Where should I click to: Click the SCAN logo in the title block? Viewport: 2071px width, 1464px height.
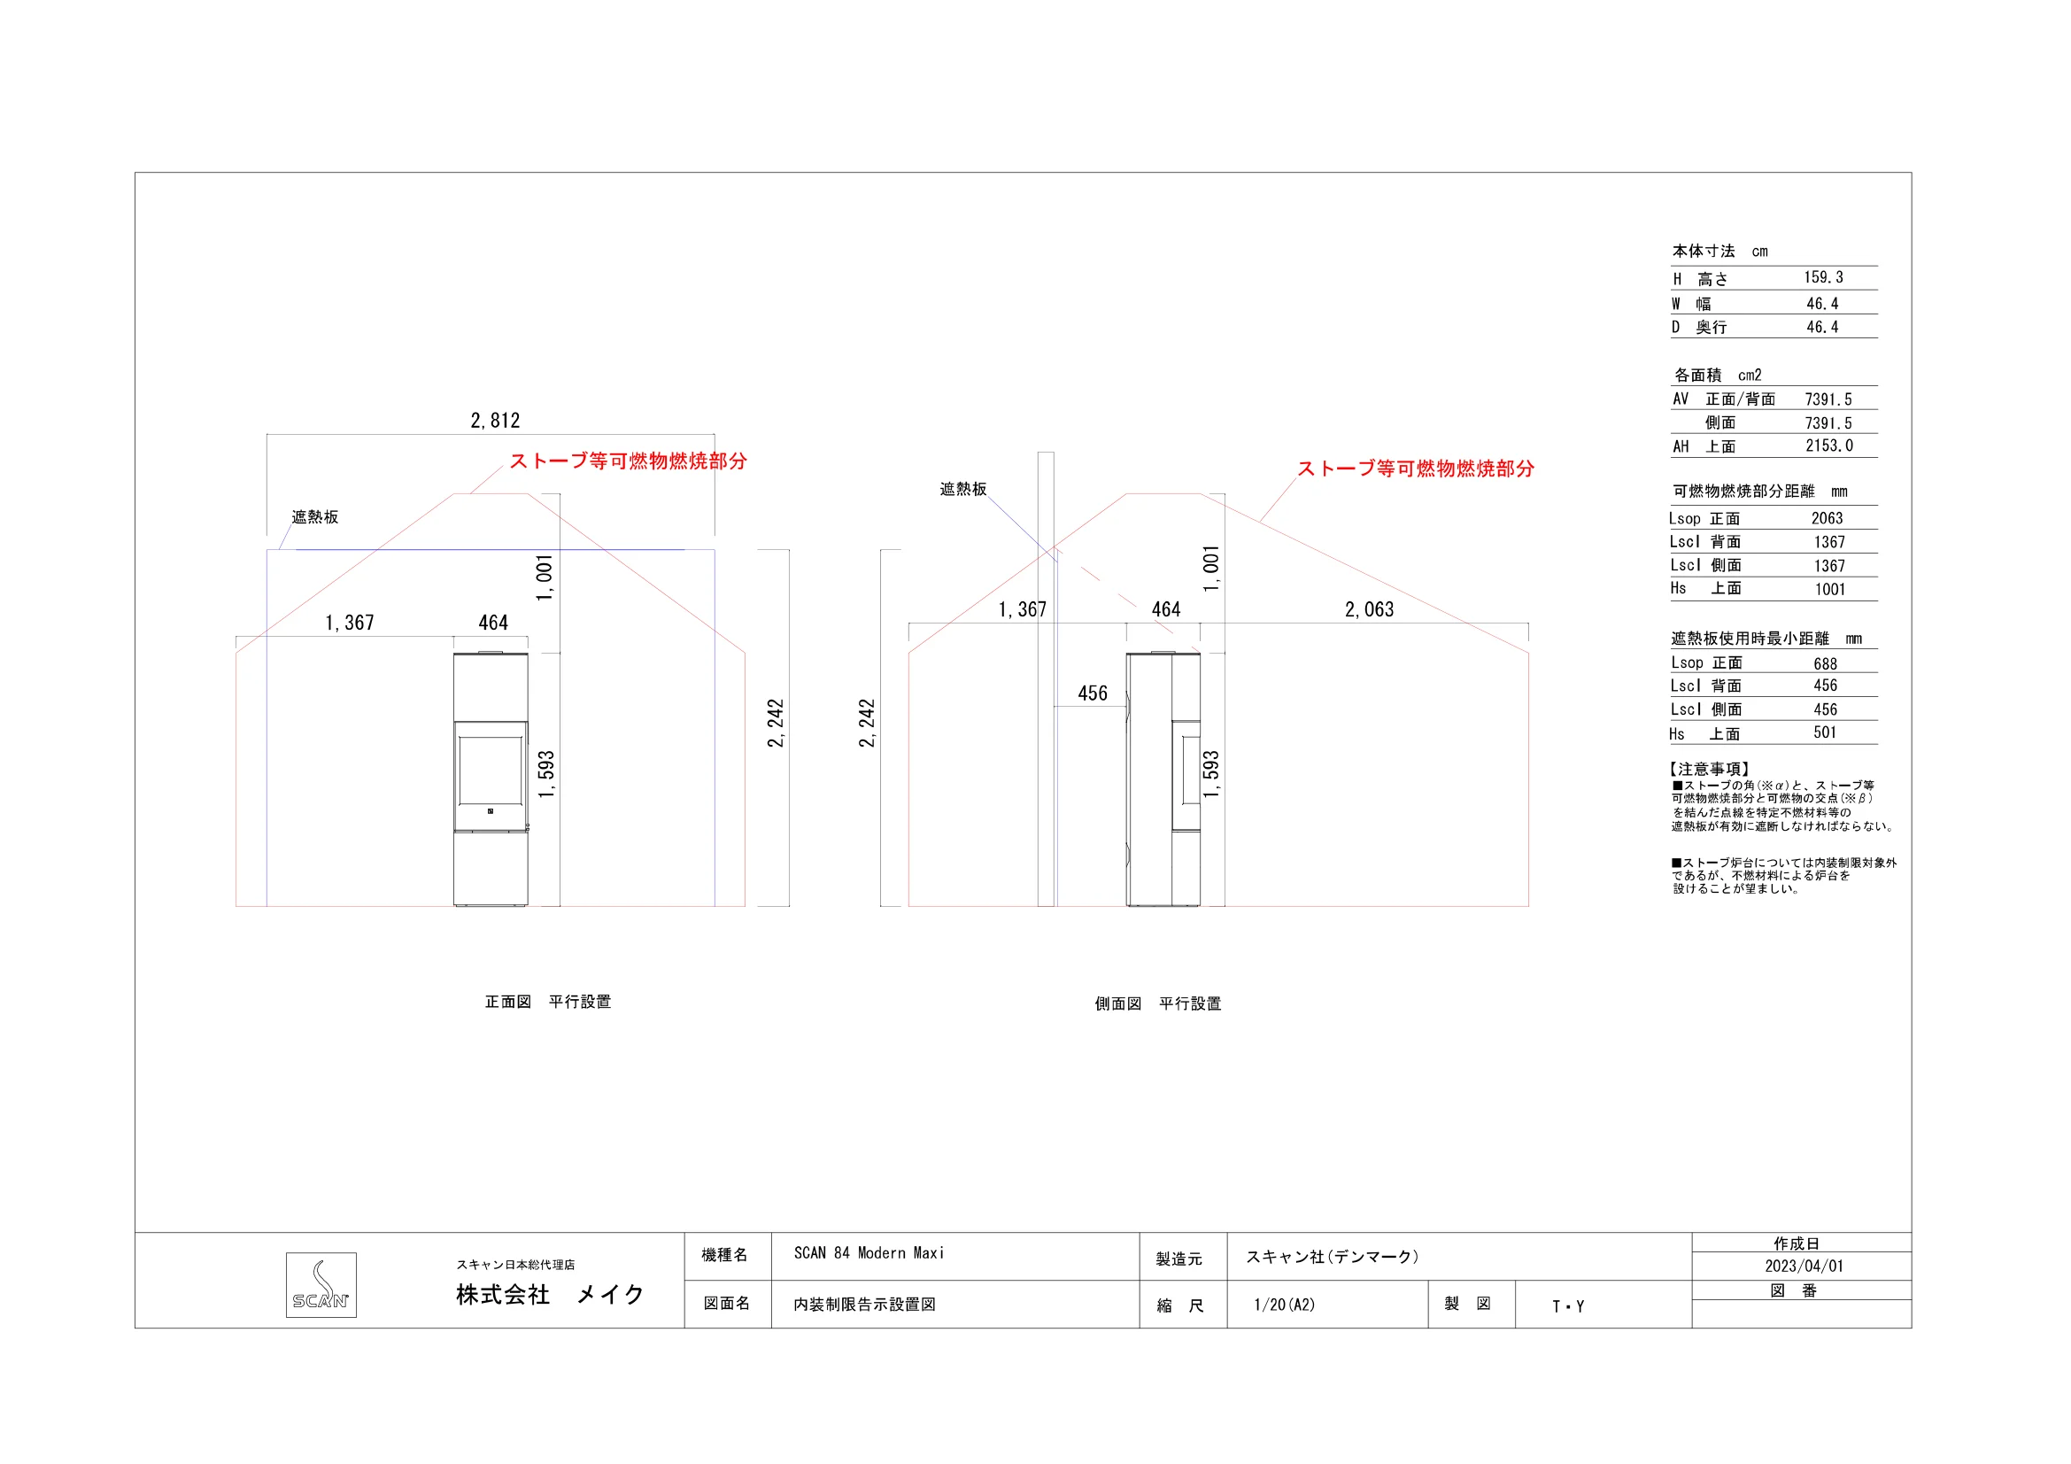(321, 1284)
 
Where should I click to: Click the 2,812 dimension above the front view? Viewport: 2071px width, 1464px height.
(495, 421)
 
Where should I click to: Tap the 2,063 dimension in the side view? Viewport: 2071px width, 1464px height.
(1369, 609)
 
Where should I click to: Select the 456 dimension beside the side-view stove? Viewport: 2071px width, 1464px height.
(1093, 693)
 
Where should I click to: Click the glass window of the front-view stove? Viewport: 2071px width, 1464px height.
(491, 770)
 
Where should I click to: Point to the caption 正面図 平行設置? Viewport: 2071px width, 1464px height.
(547, 1002)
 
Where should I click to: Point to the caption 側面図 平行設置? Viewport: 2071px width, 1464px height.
(1158, 1003)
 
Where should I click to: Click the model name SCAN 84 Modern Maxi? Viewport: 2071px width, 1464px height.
(869, 1253)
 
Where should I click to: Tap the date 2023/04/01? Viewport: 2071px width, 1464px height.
(1804, 1266)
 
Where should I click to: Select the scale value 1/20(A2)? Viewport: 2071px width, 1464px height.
(1285, 1305)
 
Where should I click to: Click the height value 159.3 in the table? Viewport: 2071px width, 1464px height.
(1824, 277)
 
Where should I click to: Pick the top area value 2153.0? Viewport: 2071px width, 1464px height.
(1829, 445)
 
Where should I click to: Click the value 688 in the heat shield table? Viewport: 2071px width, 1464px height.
(1826, 664)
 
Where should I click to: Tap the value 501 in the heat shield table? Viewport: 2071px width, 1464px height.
(1826, 732)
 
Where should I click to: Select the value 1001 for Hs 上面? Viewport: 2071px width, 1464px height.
(1830, 589)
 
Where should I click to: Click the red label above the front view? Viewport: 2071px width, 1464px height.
(629, 461)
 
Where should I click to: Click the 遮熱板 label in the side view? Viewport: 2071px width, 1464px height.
(963, 489)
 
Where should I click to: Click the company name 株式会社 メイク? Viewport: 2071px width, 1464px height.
(550, 1295)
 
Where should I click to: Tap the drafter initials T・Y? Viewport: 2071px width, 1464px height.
(1569, 1306)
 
